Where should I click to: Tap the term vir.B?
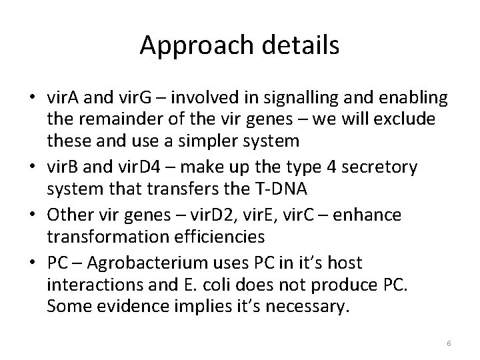(64, 167)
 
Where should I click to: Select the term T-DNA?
(277, 190)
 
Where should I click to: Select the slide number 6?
(449, 343)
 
